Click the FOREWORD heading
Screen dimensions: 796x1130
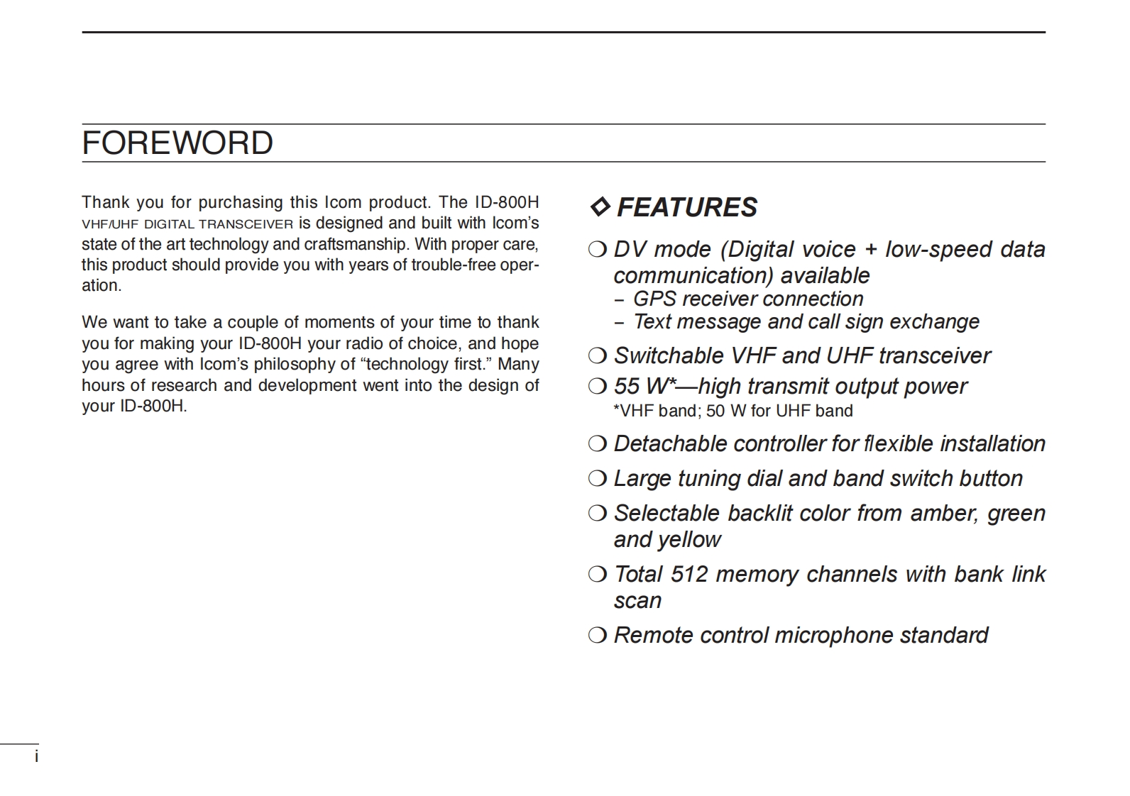coord(177,143)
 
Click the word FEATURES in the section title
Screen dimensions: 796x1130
coord(686,207)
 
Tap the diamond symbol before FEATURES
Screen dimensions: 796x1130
coord(600,207)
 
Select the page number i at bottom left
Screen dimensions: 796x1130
coord(36,757)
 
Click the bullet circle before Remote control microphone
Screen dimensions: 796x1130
coord(597,634)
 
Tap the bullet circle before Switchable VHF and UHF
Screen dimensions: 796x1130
coord(597,355)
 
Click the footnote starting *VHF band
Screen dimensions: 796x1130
coord(733,411)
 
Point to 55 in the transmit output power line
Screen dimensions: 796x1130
coord(627,386)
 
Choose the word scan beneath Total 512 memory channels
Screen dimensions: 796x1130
coord(637,601)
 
